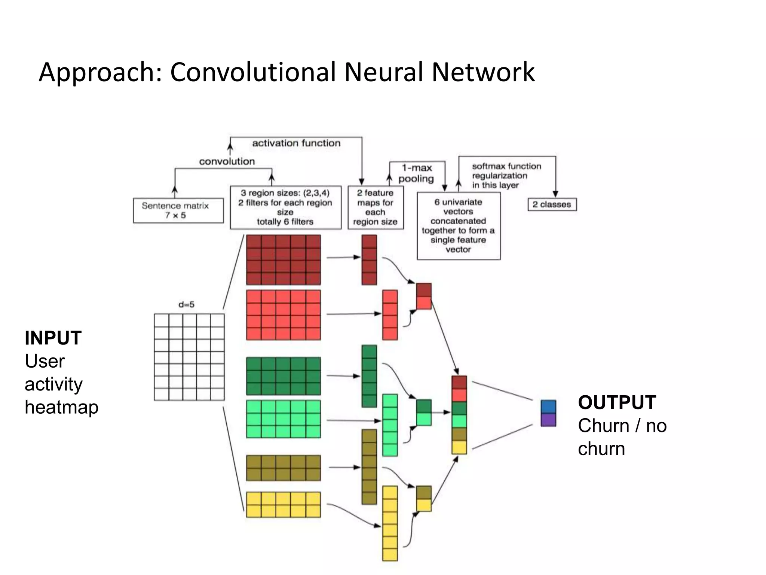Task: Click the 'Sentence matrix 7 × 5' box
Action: (178, 210)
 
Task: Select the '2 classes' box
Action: (552, 204)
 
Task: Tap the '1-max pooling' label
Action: (416, 173)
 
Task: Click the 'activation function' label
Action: (296, 143)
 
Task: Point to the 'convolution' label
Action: (227, 161)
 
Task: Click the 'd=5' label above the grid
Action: (186, 304)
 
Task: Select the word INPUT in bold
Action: (53, 338)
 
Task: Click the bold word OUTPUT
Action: (617, 402)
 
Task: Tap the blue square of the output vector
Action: (548, 407)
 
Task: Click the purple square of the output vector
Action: (548, 420)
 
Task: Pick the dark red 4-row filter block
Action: (283, 260)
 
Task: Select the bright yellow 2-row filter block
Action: (283, 505)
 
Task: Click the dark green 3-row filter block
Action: (283, 376)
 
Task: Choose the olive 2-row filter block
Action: (283, 468)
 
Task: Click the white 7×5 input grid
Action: (189, 357)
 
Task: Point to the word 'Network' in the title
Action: (483, 72)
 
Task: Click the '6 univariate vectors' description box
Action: (459, 226)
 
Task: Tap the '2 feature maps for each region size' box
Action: (375, 207)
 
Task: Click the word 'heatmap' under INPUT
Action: (61, 407)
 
